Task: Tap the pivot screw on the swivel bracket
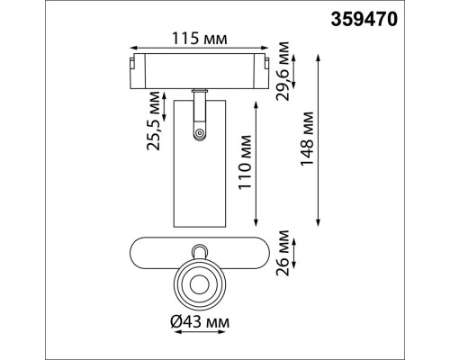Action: pos(197,133)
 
